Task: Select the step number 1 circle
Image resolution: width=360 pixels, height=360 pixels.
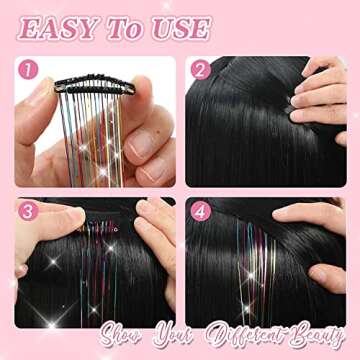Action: tap(29, 71)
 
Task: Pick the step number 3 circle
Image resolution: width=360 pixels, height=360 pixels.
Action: tap(29, 212)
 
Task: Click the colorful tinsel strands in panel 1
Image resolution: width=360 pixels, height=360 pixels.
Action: tap(95, 140)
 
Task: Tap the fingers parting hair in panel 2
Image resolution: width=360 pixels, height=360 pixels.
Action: tap(318, 100)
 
